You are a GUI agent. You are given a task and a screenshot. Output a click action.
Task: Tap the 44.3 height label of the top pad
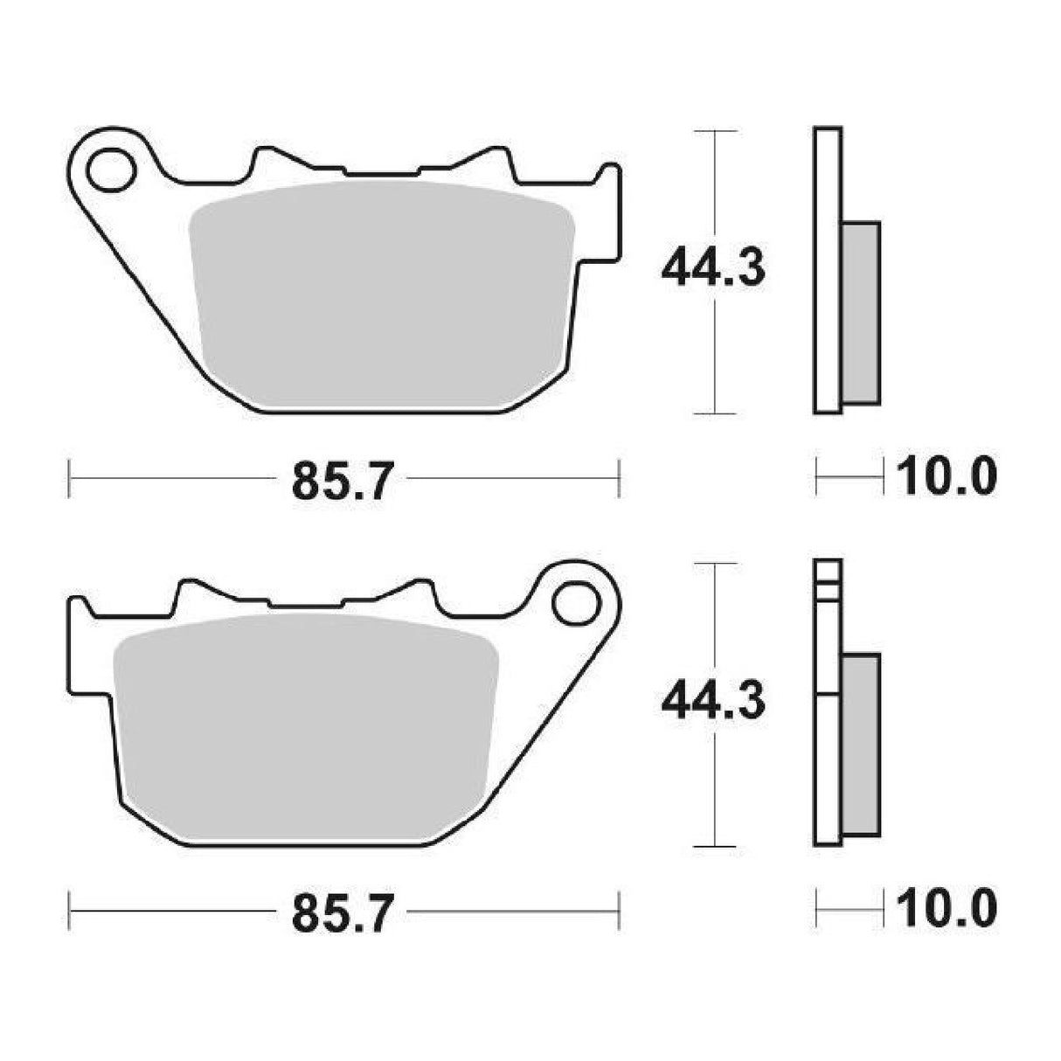(x=713, y=268)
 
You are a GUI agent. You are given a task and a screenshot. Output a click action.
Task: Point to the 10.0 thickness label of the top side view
(x=947, y=478)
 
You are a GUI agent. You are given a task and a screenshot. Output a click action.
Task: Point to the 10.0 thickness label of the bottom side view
(x=947, y=909)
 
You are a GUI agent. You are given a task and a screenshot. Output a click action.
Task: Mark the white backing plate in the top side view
(x=828, y=271)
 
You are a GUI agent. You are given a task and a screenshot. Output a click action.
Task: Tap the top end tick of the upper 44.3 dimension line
(x=716, y=131)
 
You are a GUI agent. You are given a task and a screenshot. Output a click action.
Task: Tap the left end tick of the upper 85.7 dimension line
(x=69, y=479)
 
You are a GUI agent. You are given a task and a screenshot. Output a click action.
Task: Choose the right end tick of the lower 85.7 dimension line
(x=619, y=911)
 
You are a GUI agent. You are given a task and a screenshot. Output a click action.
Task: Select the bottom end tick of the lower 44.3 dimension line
(x=716, y=846)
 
